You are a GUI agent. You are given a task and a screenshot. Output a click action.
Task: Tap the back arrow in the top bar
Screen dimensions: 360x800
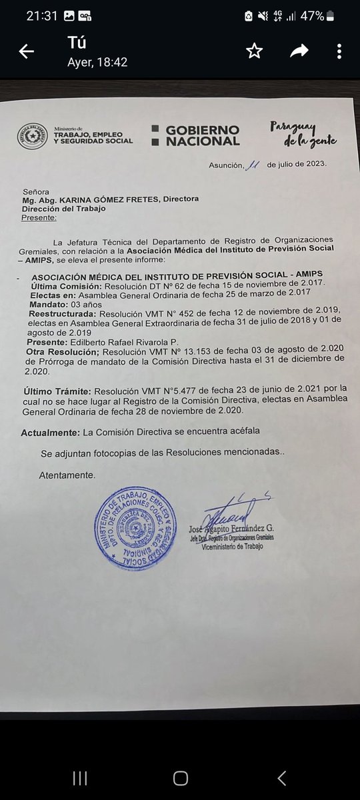(x=27, y=52)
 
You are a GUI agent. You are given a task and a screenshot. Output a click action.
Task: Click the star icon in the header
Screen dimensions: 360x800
(x=253, y=51)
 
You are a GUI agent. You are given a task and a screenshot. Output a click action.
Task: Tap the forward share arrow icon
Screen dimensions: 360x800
(x=299, y=51)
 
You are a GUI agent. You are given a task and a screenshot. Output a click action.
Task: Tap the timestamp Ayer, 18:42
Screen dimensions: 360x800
(x=97, y=62)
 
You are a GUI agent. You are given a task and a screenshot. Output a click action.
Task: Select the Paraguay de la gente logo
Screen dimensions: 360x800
(x=303, y=134)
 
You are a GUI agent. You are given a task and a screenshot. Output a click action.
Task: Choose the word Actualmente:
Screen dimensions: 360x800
(x=49, y=431)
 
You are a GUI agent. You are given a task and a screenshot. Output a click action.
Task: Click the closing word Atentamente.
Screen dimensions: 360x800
(x=67, y=475)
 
